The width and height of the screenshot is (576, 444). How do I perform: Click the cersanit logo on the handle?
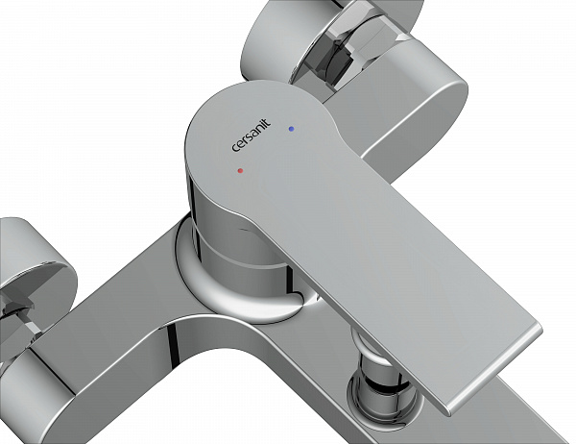[x=252, y=135]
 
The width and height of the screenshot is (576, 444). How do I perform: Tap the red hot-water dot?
[x=240, y=171]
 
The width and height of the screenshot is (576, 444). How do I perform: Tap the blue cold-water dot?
[x=291, y=129]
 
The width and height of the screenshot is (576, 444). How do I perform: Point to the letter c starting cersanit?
[x=235, y=148]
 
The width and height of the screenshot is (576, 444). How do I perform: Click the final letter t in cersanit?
[x=268, y=122]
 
